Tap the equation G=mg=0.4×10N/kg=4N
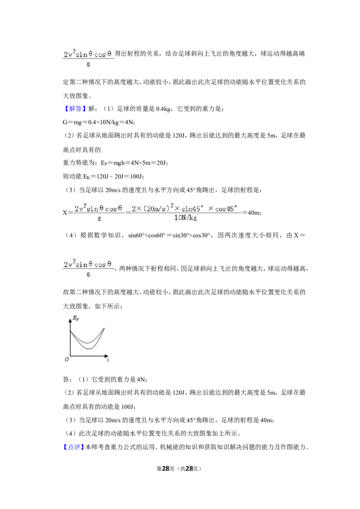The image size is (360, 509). coord(99,122)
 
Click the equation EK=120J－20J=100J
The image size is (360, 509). coord(113,177)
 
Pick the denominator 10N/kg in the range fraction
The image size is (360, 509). coord(185,218)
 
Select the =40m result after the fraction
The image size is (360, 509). coord(252,213)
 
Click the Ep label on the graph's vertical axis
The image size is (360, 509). coord(76,318)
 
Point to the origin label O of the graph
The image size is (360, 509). coord(67,359)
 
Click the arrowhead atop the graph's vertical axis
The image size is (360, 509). coord(70,321)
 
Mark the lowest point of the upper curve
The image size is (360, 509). coord(87,344)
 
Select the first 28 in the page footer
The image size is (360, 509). coord(166,469)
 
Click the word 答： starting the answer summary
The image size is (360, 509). coord(67,380)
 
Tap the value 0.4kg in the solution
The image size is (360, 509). coord(163,109)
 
